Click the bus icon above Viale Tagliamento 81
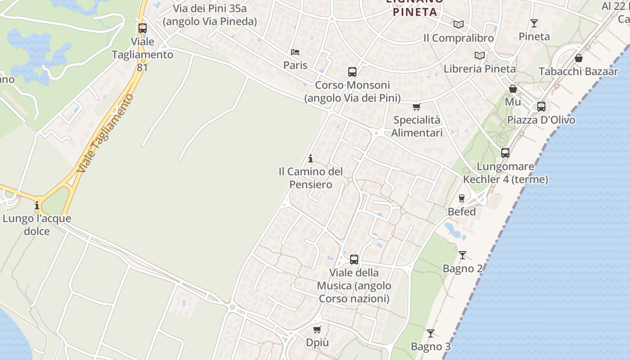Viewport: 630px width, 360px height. point(143,28)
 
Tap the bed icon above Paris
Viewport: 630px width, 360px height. point(295,52)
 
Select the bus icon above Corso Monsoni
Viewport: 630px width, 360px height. point(352,72)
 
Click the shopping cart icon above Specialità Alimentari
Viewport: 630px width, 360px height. point(416,107)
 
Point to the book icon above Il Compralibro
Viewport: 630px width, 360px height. point(459,25)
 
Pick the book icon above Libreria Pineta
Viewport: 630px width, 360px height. point(480,56)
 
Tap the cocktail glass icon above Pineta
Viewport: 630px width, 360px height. point(534,23)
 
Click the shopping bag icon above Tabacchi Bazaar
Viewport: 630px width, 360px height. point(578,58)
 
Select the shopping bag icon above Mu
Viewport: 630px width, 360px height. point(513,89)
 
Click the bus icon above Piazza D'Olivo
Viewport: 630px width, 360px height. point(541,107)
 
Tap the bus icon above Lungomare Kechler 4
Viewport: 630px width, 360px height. point(505,153)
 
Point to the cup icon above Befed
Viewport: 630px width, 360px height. point(461,198)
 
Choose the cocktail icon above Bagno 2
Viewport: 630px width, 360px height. point(463,255)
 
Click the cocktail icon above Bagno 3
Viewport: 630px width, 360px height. point(431,333)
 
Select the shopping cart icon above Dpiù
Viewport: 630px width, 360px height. point(317,329)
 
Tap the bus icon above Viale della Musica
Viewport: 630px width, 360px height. point(354,260)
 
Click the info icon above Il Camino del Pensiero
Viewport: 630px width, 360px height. point(310,158)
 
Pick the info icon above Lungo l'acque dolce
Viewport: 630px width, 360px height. point(37,206)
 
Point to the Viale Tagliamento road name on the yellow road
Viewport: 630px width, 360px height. point(106,133)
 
